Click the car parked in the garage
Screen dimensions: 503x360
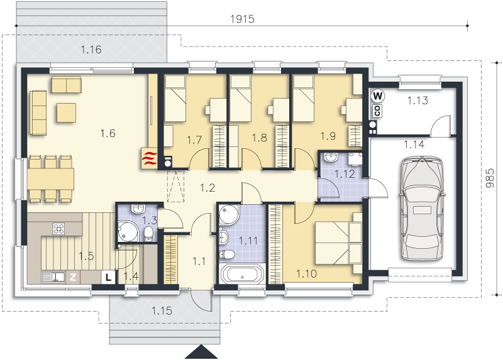(x=422, y=209)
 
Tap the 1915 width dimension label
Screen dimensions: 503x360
(x=242, y=19)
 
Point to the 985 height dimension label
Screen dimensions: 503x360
(x=490, y=178)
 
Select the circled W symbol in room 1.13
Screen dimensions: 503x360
(x=378, y=96)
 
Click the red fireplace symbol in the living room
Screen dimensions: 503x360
(x=149, y=158)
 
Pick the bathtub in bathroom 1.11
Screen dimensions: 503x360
(x=242, y=274)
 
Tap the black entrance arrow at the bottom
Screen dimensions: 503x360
(x=201, y=352)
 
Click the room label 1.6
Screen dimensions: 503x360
(x=108, y=133)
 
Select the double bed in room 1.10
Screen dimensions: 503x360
(x=338, y=243)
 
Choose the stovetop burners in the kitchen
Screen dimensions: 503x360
(x=58, y=229)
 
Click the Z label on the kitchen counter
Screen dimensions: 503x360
(x=73, y=277)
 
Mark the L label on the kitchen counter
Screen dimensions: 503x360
(x=109, y=277)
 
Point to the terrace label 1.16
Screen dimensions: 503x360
(x=91, y=50)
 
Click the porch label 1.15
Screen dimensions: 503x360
(x=162, y=310)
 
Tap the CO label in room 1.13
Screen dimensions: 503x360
(x=377, y=111)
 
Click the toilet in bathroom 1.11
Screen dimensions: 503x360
(x=226, y=254)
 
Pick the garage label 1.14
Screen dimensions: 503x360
(x=414, y=145)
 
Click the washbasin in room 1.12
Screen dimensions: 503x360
(x=331, y=157)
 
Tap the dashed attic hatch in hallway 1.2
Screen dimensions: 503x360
(x=176, y=186)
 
